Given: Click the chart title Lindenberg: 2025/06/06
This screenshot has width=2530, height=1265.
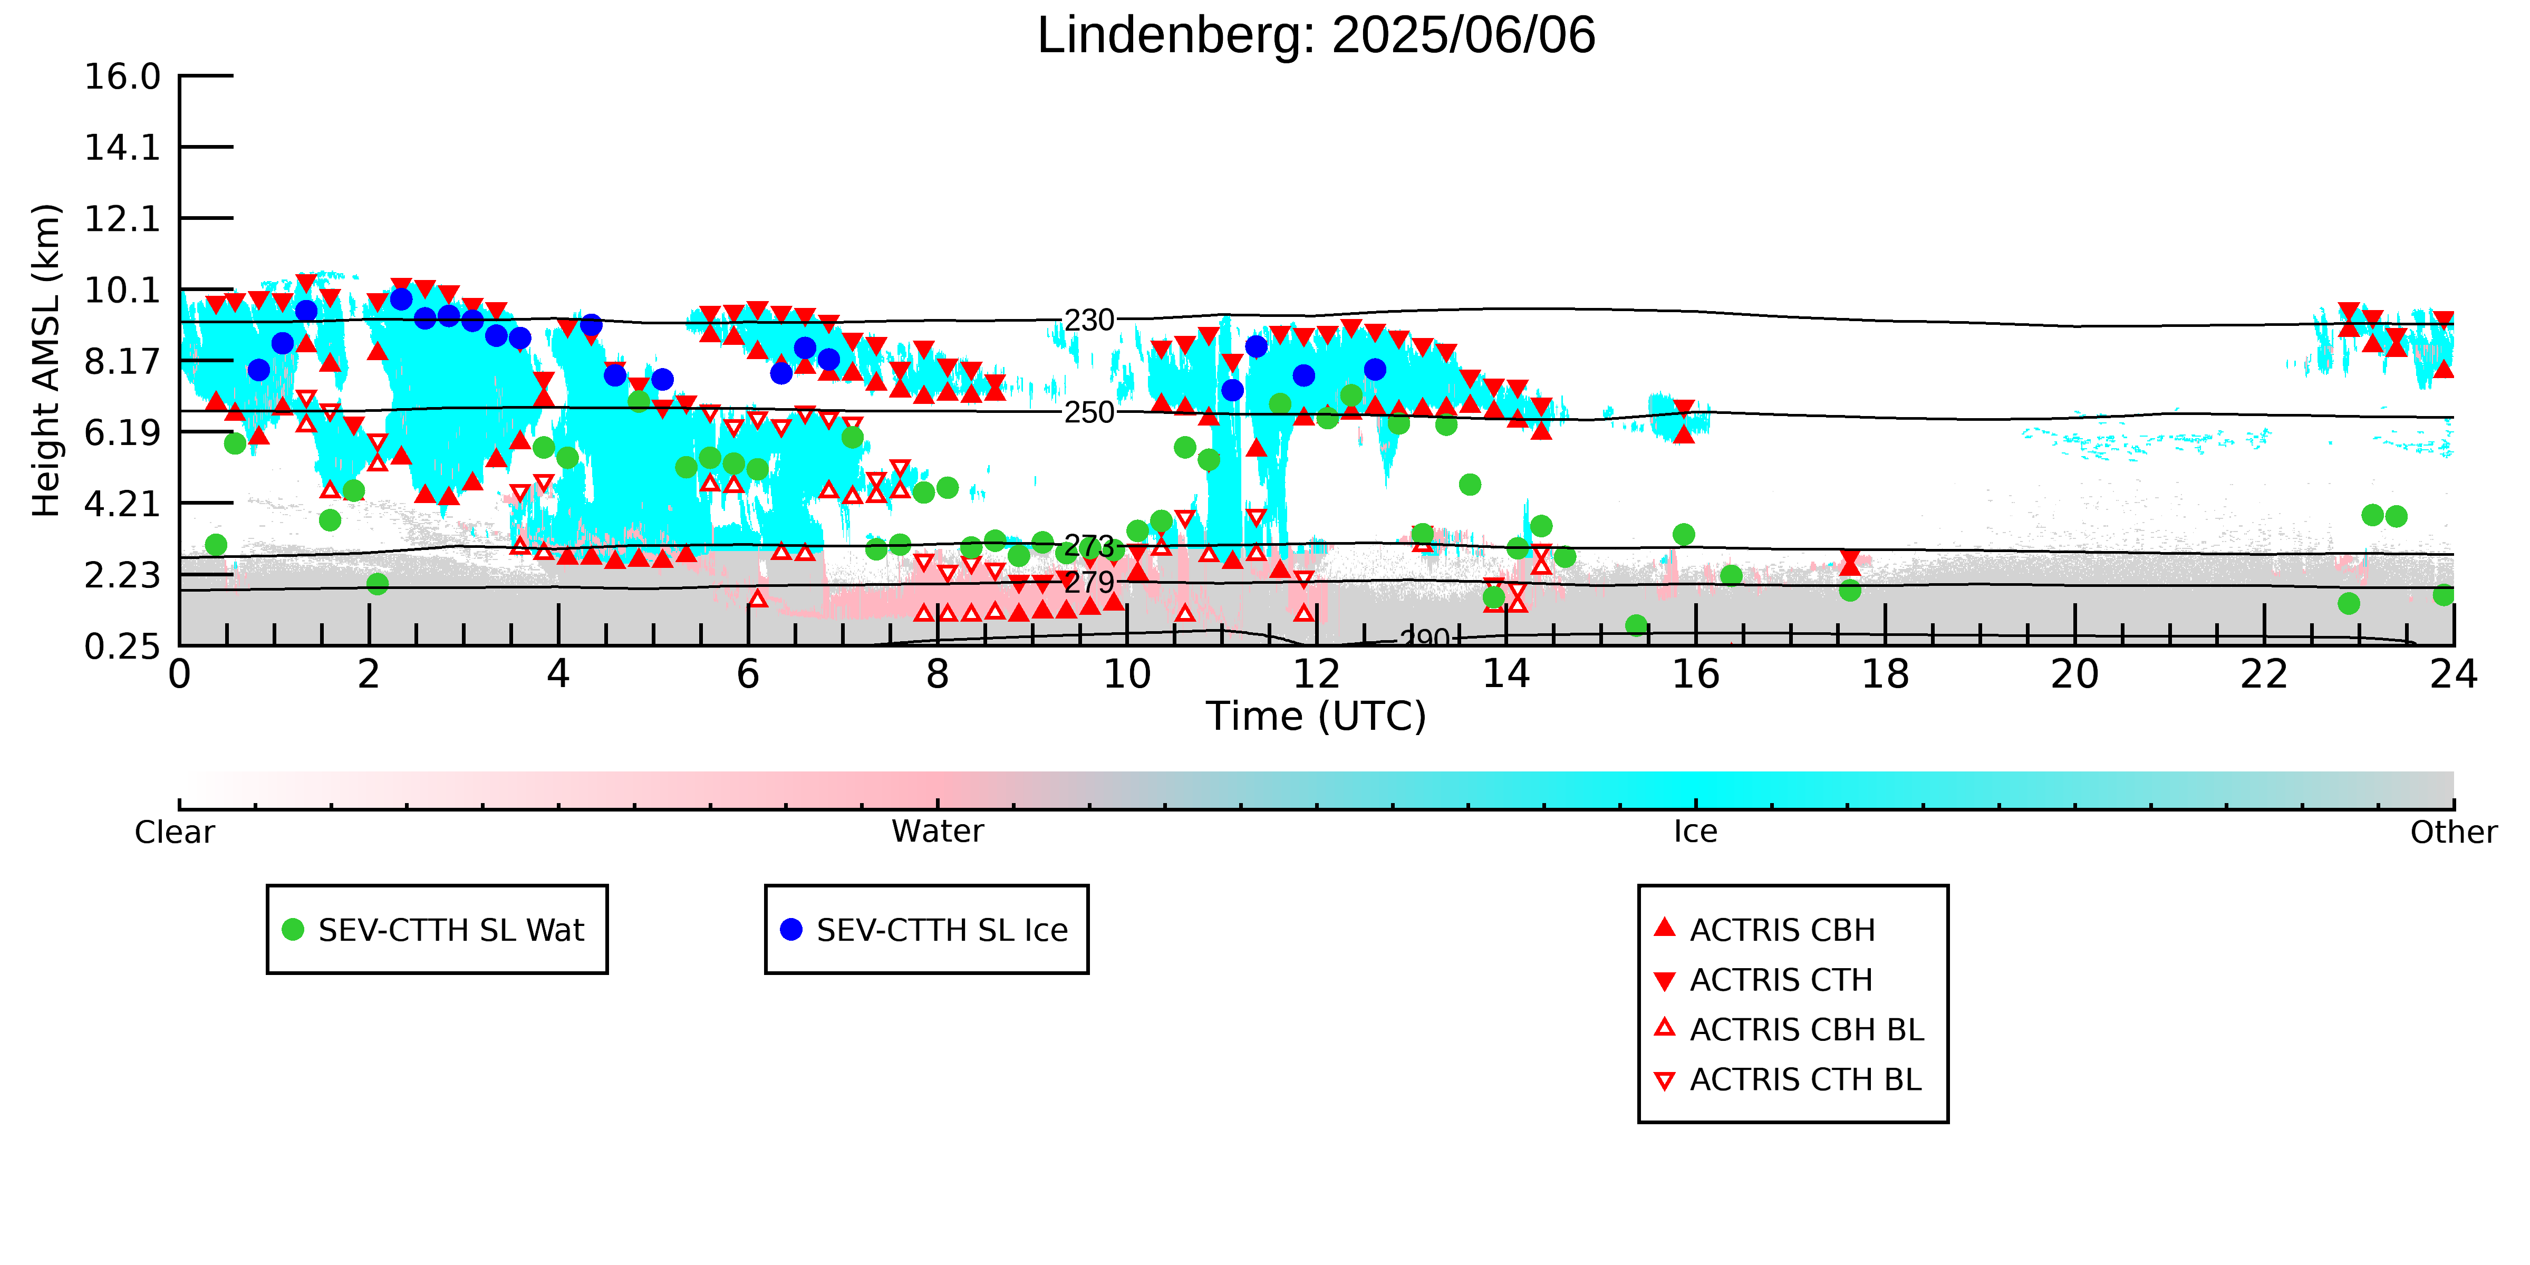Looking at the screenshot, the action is coord(1316,35).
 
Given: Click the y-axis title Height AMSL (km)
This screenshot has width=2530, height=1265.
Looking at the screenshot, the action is coord(46,361).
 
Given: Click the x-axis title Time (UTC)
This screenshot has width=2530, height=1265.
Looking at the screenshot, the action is coord(1316,716).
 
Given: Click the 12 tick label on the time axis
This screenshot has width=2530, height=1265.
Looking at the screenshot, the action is coord(1316,675).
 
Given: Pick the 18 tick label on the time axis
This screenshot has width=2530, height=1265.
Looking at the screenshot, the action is coord(1885,675).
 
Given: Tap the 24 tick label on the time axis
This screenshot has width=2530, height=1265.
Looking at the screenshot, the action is coord(2454,675).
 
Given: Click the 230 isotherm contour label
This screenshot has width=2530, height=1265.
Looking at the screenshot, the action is coord(1089,320).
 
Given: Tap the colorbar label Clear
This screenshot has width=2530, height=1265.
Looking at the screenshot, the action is coord(175,832).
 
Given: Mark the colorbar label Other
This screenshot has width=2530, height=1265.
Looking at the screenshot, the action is coord(2454,832).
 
